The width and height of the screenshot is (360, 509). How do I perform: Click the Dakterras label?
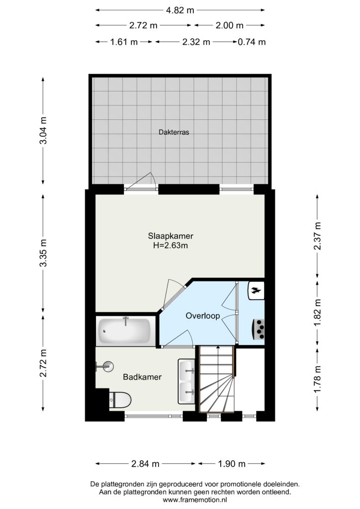click(174, 132)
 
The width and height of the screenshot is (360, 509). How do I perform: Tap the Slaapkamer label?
click(171, 236)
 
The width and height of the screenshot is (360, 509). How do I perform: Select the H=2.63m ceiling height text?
click(171, 246)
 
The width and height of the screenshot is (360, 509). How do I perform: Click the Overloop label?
click(202, 316)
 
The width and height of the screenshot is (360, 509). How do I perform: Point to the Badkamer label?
click(142, 377)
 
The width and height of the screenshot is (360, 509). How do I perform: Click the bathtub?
click(124, 331)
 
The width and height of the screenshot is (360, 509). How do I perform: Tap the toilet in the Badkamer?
click(120, 400)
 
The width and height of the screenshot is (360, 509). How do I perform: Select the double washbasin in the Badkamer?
click(186, 381)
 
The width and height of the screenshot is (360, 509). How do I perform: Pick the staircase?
click(216, 379)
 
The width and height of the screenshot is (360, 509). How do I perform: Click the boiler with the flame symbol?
click(256, 290)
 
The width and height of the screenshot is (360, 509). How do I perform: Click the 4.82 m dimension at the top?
click(180, 10)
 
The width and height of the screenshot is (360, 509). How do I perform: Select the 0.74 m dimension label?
click(252, 42)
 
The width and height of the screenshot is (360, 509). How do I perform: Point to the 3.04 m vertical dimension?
click(43, 130)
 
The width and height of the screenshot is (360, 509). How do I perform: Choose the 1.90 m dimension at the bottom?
click(231, 464)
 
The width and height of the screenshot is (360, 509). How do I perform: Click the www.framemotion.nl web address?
click(195, 500)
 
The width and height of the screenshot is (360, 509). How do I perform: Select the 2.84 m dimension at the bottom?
click(145, 464)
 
